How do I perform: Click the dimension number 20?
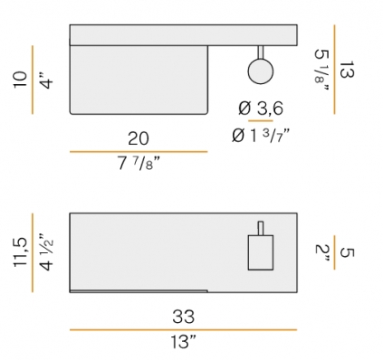(139, 138)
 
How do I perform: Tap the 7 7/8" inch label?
(139, 164)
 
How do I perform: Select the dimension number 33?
(183, 317)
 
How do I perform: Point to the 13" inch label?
(183, 342)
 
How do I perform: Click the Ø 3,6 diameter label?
(261, 109)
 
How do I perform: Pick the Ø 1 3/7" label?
(261, 136)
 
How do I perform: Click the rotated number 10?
(20, 80)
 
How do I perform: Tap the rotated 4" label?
(46, 81)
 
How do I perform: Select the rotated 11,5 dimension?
(20, 252)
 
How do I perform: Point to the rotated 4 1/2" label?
(46, 252)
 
